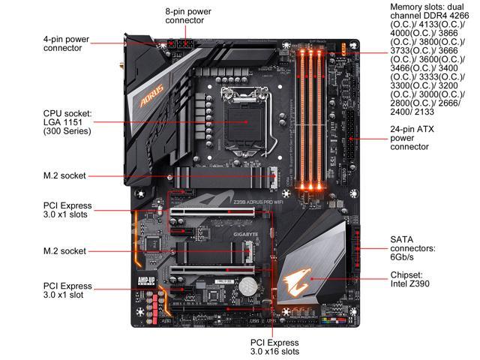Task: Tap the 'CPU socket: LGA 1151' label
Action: (x=67, y=121)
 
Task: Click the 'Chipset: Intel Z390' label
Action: (x=412, y=280)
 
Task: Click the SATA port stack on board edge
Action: (x=353, y=247)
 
